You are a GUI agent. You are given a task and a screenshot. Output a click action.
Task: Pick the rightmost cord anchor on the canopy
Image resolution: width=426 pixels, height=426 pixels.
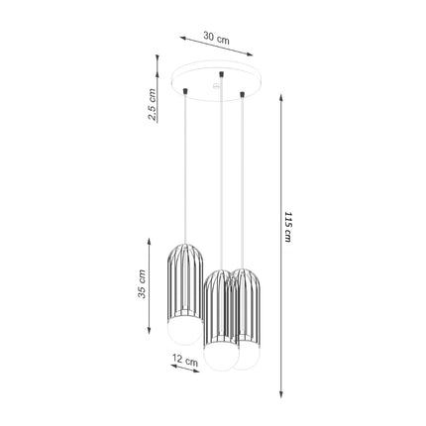coord(242,95)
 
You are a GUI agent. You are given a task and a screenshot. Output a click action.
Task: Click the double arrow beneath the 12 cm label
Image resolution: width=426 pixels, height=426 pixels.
coord(185,373)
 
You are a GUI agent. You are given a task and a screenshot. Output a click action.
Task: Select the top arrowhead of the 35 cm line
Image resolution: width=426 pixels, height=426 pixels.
coord(151,238)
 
